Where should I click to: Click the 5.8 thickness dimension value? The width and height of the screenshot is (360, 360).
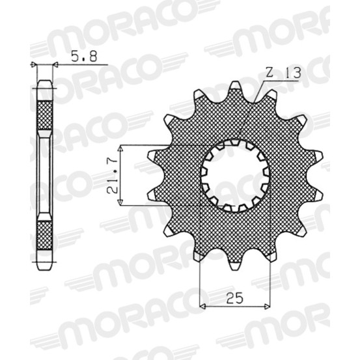pyautogui.click(x=84, y=57)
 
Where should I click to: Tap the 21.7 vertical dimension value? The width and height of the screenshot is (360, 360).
pyautogui.click(x=113, y=175)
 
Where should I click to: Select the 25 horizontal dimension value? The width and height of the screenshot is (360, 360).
pyautogui.click(x=236, y=298)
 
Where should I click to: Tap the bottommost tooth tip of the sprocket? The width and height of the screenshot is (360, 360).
pyautogui.click(x=235, y=269)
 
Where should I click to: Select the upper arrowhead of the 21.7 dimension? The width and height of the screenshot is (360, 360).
pyautogui.click(x=120, y=149)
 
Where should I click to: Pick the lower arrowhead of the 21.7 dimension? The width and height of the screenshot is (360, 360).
pyautogui.click(x=120, y=202)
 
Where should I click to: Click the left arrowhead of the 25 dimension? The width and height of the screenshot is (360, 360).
pyautogui.click(x=202, y=306)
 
